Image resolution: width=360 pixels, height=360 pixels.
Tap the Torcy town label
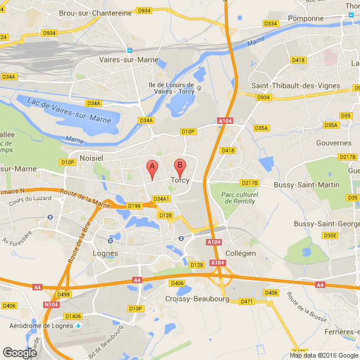180,180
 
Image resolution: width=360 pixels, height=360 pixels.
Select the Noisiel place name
91,159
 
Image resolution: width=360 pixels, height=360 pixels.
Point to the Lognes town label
106,253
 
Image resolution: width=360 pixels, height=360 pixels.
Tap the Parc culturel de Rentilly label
238,198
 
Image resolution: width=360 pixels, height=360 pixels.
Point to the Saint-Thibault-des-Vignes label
296,86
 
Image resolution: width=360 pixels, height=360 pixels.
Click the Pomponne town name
306,18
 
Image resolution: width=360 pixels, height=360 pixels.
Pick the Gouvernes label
334,143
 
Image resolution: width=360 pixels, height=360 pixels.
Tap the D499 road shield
64,294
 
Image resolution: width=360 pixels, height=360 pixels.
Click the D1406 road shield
73,316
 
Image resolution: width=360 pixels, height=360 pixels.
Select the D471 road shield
246,302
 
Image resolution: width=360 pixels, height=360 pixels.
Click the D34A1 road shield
161,198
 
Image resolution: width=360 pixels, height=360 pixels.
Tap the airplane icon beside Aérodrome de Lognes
78,325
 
